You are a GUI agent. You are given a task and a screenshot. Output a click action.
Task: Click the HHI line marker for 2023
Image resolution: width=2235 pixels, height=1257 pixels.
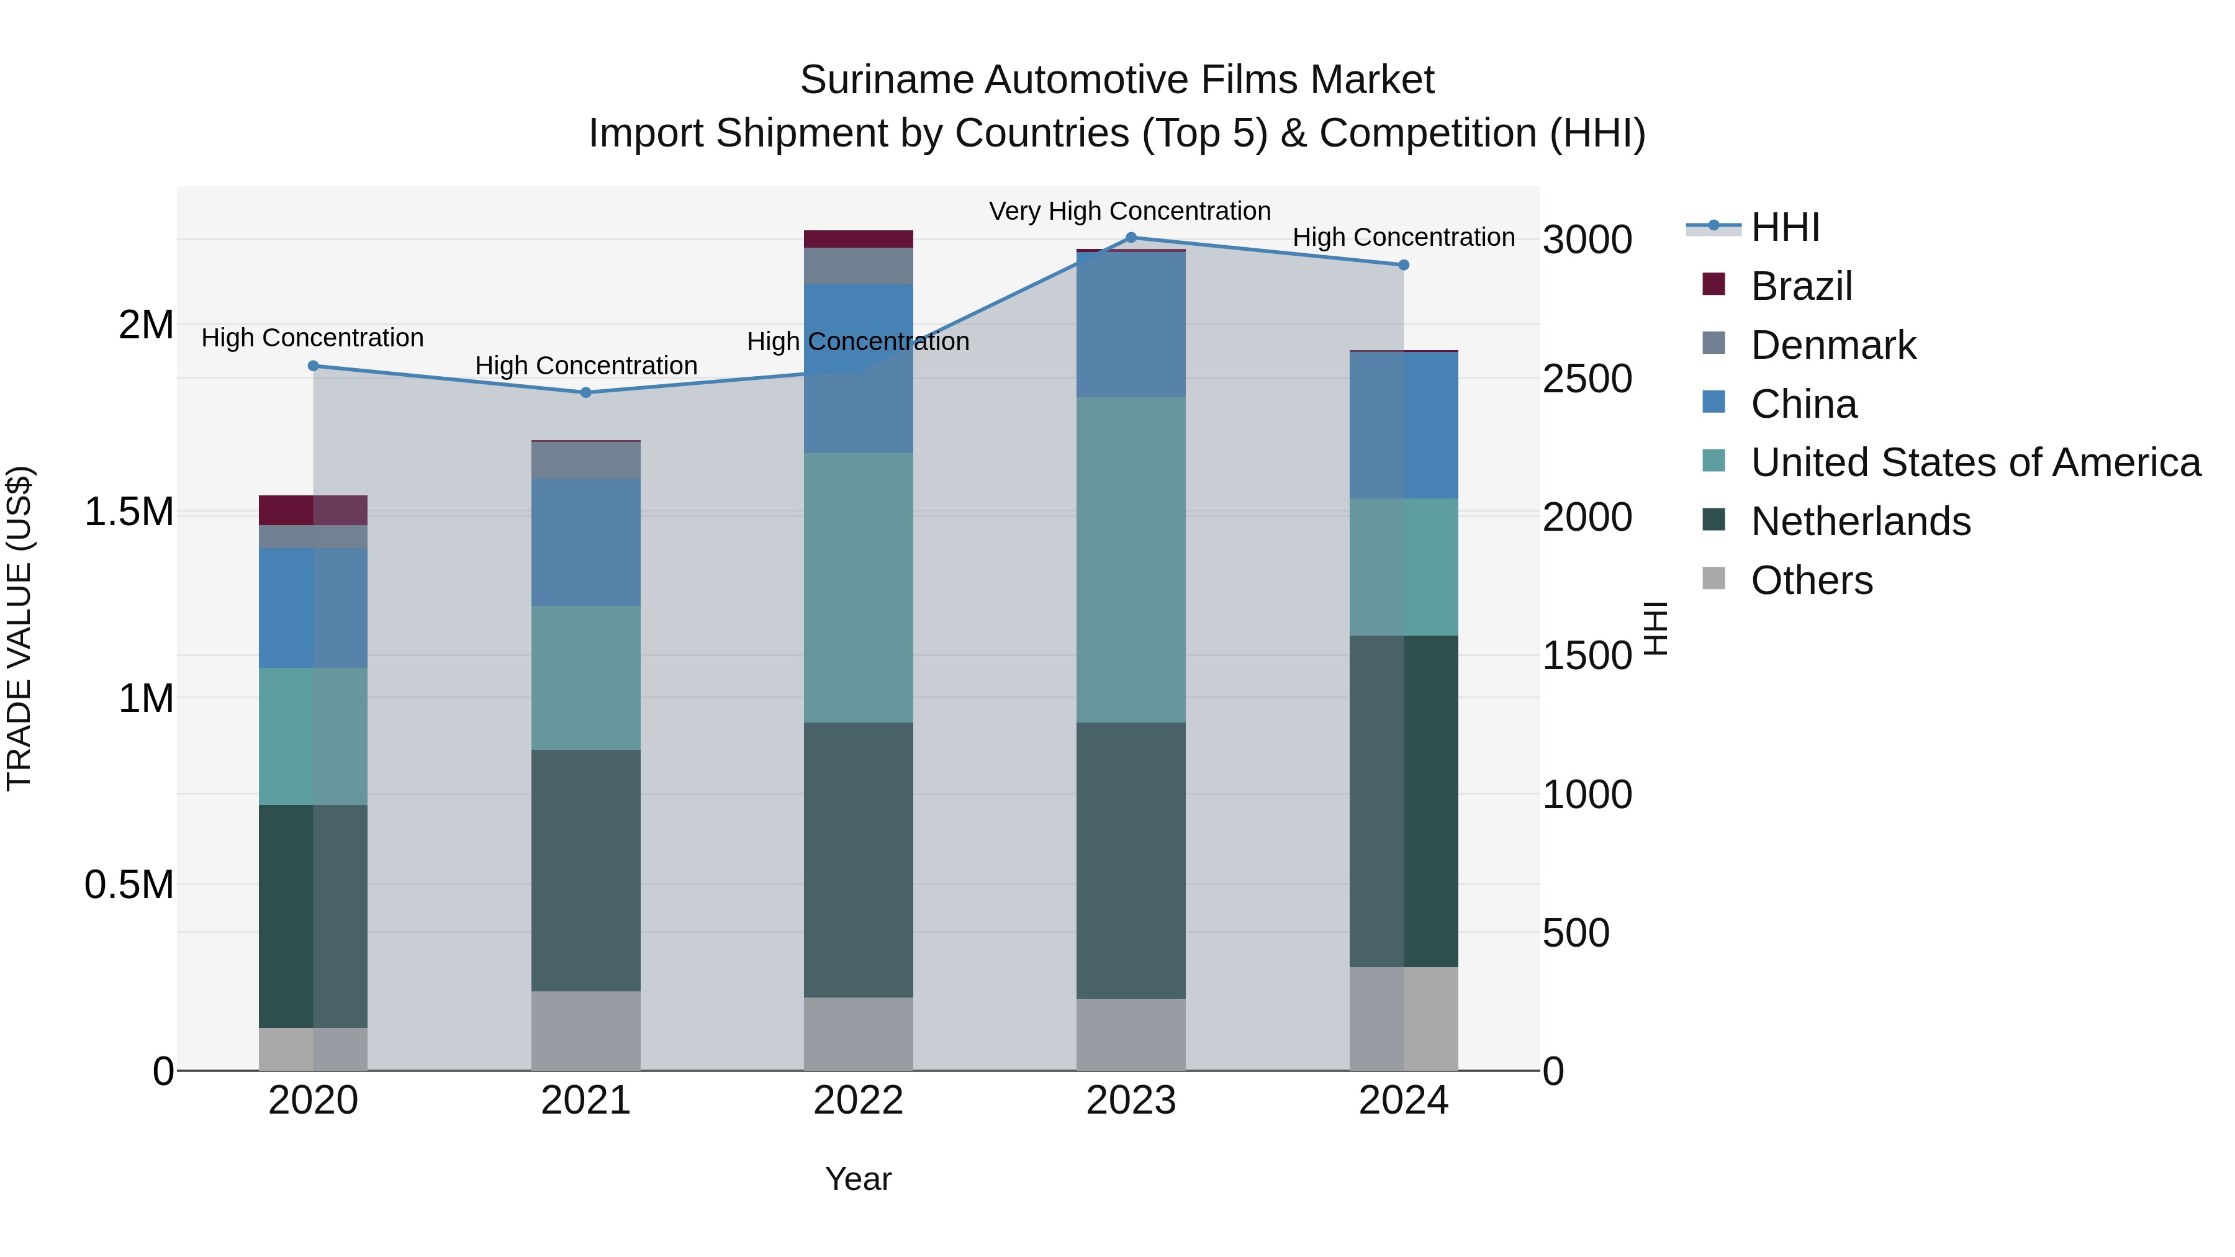point(1131,238)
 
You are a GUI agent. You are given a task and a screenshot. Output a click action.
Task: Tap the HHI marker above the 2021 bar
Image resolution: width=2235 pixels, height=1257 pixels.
point(585,393)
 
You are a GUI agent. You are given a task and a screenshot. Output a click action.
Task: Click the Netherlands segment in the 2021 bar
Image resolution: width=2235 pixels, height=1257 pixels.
point(585,870)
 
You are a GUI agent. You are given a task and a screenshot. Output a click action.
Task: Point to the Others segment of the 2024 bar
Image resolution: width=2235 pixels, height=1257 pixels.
point(1403,1019)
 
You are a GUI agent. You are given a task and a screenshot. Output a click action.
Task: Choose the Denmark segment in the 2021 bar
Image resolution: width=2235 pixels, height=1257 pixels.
point(585,461)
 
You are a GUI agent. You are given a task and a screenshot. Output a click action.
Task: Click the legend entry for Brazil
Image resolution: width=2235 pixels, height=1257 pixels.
point(1800,286)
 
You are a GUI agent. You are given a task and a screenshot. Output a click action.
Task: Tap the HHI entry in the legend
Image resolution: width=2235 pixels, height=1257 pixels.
point(1784,227)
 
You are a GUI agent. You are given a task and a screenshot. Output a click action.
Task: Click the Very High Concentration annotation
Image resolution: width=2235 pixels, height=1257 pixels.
point(1130,211)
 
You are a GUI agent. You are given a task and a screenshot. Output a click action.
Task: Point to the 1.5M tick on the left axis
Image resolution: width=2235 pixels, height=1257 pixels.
point(129,512)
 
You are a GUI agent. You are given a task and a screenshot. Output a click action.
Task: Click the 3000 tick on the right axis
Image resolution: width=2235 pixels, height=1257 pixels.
point(1587,240)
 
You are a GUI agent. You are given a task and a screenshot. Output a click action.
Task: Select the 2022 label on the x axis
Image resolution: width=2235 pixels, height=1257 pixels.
point(858,1101)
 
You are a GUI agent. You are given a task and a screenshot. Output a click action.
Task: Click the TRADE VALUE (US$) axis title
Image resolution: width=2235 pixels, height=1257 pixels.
point(19,628)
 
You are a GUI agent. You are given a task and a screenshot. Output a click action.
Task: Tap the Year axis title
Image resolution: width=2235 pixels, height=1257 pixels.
point(858,1179)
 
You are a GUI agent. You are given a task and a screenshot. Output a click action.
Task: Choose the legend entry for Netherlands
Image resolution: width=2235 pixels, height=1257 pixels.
point(1860,521)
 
